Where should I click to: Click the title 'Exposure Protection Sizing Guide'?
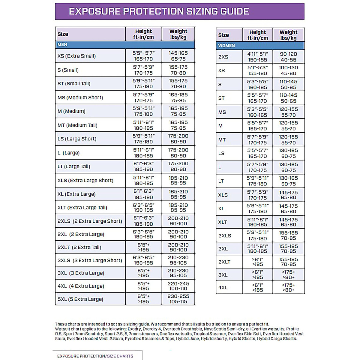point(159,11)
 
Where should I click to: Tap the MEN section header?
point(62,45)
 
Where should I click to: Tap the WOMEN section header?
point(226,46)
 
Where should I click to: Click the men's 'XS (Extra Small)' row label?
point(76,56)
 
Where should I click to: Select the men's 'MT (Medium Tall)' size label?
point(77,125)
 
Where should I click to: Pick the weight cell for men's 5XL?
point(178,299)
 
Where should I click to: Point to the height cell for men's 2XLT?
point(143,247)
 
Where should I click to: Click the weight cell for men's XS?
point(178,56)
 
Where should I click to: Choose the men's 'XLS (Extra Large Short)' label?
point(85,180)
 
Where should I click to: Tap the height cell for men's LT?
point(143,166)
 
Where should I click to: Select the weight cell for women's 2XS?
point(288,57)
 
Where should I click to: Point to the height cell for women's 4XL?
point(257,287)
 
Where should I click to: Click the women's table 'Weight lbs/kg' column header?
point(288,35)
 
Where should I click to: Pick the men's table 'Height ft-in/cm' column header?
point(143,34)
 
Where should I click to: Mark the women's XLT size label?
point(223,222)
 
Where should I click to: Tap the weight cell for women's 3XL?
point(288,274)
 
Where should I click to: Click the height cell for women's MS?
point(257,112)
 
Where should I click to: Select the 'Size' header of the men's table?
point(63,34)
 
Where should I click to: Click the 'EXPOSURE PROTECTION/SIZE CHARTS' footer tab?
point(95,356)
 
